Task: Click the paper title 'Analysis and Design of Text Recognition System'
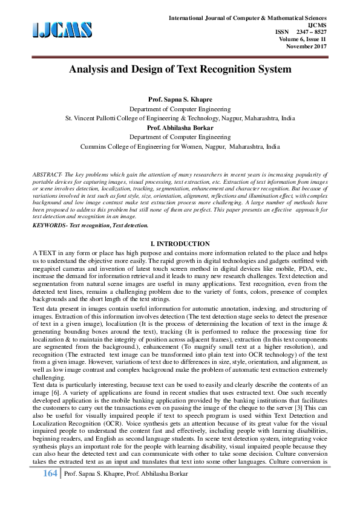click(180, 69)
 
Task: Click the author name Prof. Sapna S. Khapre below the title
click(180, 98)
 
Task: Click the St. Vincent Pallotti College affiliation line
click(180, 118)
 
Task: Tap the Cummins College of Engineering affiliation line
click(180, 146)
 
